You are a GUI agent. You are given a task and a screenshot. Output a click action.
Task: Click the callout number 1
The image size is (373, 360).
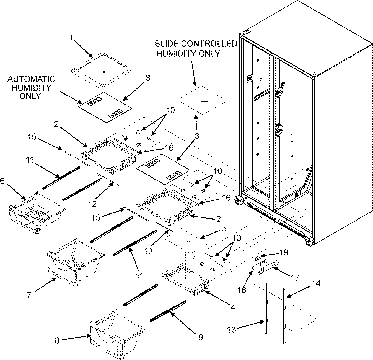pos(71,38)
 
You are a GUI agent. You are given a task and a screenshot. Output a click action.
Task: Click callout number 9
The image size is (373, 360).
pos(200,337)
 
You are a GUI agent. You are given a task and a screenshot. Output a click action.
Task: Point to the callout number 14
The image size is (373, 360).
pos(315,283)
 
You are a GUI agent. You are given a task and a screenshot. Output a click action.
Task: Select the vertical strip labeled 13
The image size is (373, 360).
pos(267,308)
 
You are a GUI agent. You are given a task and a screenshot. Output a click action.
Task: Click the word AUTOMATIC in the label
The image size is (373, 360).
pos(31,79)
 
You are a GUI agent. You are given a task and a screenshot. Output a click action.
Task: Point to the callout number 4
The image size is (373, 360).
pos(233,307)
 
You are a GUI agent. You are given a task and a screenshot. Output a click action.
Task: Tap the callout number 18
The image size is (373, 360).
pos(242,290)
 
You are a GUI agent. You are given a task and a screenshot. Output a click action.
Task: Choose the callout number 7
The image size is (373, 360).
pos(29,295)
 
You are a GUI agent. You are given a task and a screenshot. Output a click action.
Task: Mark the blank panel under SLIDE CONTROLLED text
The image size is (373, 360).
pos(202,101)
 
